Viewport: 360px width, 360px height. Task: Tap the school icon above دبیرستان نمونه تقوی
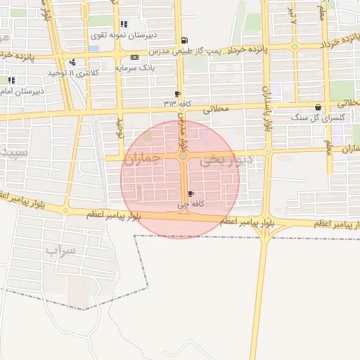(x=124, y=24)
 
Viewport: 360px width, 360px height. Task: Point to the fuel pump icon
(x=184, y=41)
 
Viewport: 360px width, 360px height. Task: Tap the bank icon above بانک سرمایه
(x=134, y=57)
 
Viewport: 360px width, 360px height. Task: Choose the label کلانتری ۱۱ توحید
(x=70, y=72)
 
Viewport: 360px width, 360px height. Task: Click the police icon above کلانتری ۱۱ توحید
(x=73, y=63)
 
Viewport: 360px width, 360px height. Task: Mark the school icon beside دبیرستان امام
(x=12, y=80)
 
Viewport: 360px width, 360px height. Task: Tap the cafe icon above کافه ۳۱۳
(x=177, y=94)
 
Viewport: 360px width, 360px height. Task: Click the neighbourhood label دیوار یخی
(x=224, y=161)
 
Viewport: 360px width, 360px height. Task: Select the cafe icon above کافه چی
(x=192, y=193)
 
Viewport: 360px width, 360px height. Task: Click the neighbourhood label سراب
(x=60, y=250)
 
